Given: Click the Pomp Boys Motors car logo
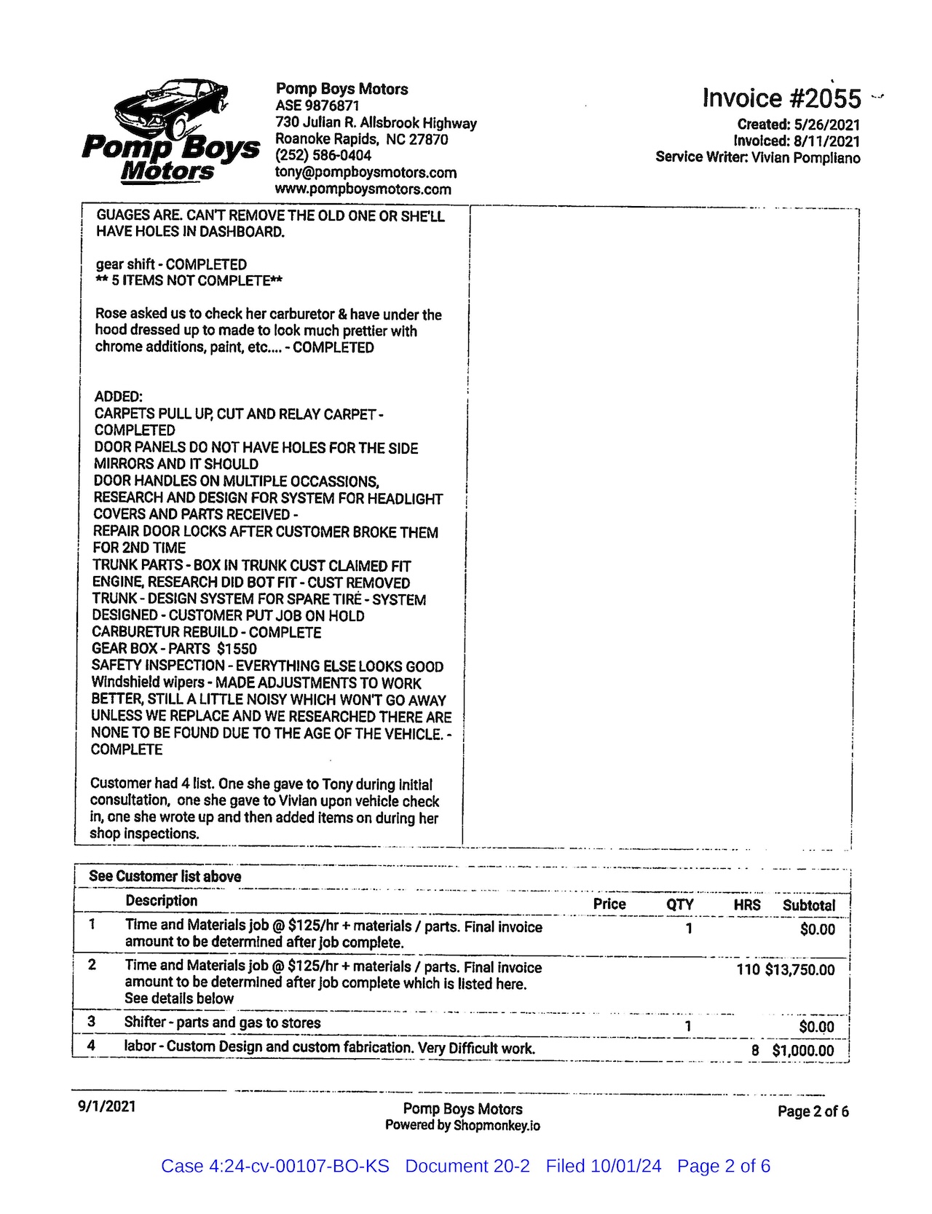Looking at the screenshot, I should [x=170, y=131].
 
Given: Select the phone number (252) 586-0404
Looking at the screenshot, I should [x=323, y=155].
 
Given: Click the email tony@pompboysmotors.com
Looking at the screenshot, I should [x=366, y=173].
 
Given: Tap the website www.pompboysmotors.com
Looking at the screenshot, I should [x=363, y=189].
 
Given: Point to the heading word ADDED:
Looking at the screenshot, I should [x=119, y=397].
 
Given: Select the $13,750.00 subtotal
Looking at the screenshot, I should [x=799, y=970].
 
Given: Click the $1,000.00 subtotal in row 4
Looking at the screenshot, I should [x=803, y=1050].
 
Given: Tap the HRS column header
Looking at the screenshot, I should [x=746, y=904].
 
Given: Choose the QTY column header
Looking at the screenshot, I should [x=680, y=904].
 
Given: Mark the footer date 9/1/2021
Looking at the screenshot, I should [x=106, y=1106].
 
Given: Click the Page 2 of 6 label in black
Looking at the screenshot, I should [x=813, y=1111].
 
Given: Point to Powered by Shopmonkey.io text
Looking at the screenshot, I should [x=462, y=1125].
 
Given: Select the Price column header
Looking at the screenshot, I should [x=609, y=904].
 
